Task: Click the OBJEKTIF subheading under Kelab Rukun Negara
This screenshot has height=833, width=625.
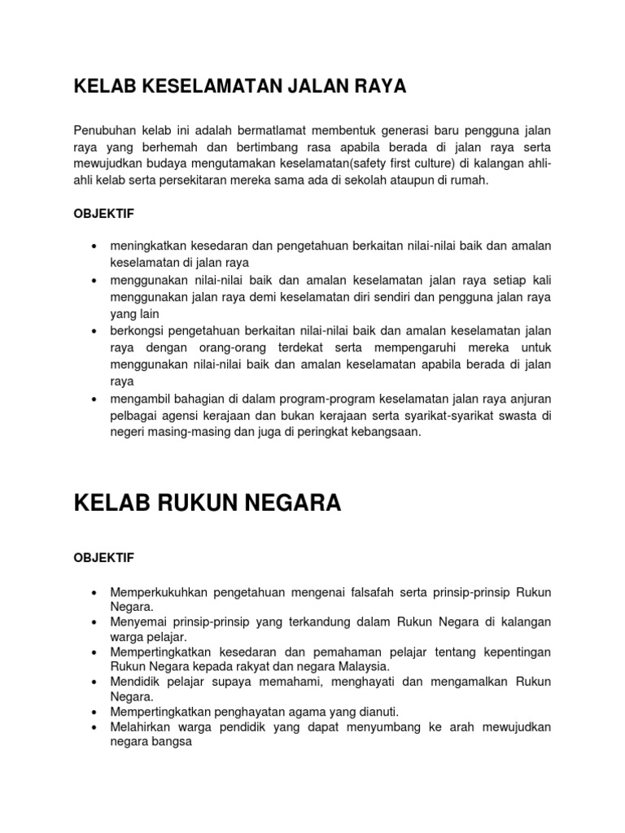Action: point(104,558)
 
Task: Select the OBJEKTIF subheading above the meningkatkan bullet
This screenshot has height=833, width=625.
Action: point(104,214)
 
